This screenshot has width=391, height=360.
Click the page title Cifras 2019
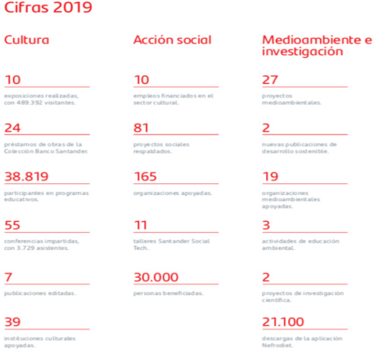(49, 8)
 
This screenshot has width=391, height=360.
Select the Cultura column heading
(27, 40)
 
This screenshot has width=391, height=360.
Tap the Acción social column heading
(173, 40)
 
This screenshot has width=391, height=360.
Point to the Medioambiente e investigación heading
(317, 46)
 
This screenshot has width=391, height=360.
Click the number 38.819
(26, 177)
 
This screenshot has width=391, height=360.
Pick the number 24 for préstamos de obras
(12, 128)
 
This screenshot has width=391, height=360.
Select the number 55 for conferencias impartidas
(12, 226)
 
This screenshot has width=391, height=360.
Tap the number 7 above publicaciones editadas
(8, 278)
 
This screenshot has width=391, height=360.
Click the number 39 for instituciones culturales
(12, 322)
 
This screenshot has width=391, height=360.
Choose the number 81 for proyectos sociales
(142, 128)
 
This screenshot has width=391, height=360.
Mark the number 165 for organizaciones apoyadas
(145, 177)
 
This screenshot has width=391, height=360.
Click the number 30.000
(156, 278)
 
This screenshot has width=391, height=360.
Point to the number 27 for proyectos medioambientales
(270, 80)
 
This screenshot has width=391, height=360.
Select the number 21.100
(283, 322)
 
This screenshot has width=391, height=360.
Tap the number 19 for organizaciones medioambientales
(270, 177)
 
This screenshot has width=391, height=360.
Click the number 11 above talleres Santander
(141, 226)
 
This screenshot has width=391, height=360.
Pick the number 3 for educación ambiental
(266, 226)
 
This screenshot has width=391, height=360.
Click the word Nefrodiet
(277, 345)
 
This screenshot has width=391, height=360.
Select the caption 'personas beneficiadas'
(168, 293)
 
